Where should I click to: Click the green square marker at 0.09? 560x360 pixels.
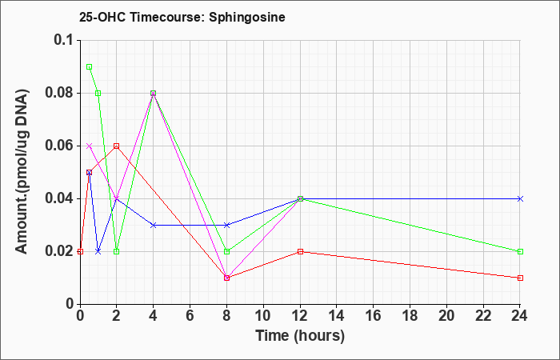pyautogui.click(x=90, y=66)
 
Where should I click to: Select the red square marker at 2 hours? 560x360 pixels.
pyautogui.click(x=117, y=146)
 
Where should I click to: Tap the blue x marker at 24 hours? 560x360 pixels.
pyautogui.click(x=520, y=198)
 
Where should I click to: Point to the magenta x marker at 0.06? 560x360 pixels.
pyautogui.click(x=90, y=146)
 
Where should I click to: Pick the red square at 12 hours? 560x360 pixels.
pyautogui.click(x=300, y=251)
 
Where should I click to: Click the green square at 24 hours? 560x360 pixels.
pyautogui.click(x=520, y=251)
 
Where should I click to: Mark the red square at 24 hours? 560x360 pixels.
pyautogui.click(x=520, y=278)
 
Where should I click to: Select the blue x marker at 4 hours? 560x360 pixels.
pyautogui.click(x=154, y=225)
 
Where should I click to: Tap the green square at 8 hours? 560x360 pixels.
pyautogui.click(x=226, y=251)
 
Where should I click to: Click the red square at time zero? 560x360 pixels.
pyautogui.click(x=80, y=251)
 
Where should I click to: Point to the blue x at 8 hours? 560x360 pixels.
pyautogui.click(x=226, y=225)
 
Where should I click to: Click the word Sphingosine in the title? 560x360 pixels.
pyautogui.click(x=247, y=17)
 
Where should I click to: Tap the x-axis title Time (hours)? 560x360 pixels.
pyautogui.click(x=300, y=336)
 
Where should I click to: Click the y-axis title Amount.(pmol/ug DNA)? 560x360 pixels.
pyautogui.click(x=22, y=172)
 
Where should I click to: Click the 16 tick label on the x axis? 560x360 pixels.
pyautogui.click(x=374, y=316)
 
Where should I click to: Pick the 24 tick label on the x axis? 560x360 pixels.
pyautogui.click(x=520, y=316)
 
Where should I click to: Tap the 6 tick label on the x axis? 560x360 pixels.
pyautogui.click(x=190, y=316)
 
